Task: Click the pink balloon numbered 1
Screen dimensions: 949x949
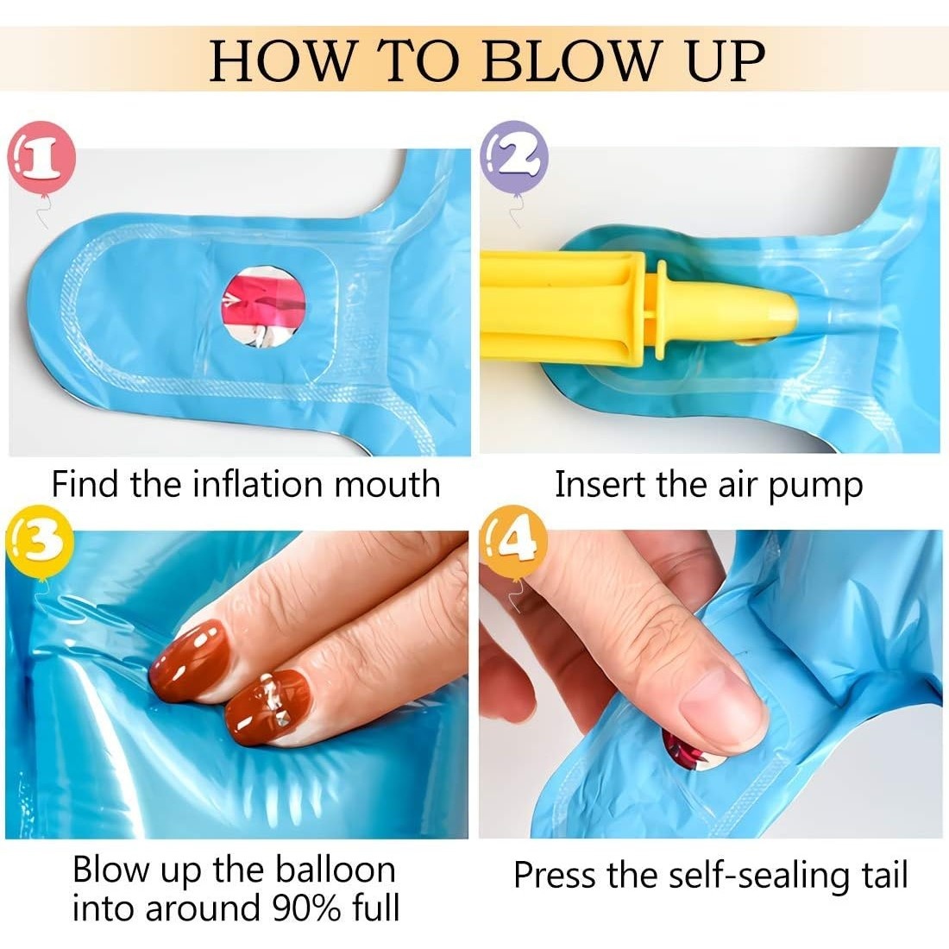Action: (x=41, y=157)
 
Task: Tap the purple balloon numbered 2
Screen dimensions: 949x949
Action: (x=514, y=156)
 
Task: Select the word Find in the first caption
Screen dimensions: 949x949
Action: (x=85, y=484)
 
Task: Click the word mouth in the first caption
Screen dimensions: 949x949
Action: (x=387, y=485)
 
